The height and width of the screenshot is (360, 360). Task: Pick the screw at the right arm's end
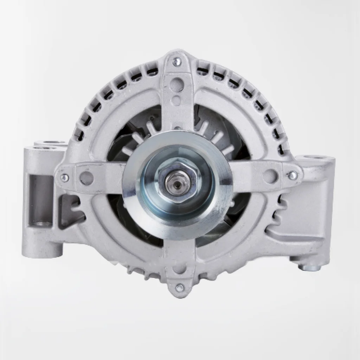[292, 175]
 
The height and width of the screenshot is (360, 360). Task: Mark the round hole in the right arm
[270, 174]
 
